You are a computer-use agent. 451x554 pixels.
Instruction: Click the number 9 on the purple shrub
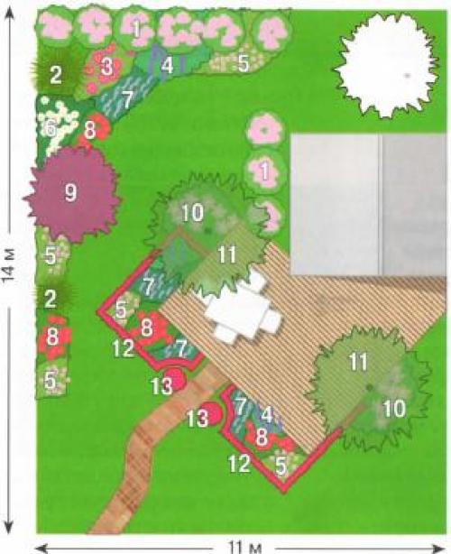pos(70,193)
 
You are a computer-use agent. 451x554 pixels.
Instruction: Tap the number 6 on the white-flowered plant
pos(50,129)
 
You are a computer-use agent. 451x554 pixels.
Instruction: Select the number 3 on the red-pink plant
pos(106,67)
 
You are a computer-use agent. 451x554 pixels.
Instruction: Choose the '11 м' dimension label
pos(244,548)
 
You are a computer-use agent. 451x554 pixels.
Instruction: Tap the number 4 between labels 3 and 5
pos(168,65)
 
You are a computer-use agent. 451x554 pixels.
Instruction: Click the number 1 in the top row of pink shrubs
pos(136,30)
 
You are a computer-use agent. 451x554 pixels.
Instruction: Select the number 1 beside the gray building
pos(264,171)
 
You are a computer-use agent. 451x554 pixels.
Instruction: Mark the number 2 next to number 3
pos(55,75)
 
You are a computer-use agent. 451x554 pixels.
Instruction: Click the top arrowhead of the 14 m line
pos(10,14)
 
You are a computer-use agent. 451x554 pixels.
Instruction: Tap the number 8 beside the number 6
pos(89,130)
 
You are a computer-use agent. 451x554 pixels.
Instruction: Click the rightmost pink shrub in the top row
pos(272,30)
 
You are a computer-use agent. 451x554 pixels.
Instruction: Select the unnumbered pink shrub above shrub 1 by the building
pos(264,130)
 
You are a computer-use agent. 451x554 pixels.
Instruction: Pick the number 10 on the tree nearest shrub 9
pos(192,213)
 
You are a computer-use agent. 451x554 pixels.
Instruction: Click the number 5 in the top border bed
pos(244,63)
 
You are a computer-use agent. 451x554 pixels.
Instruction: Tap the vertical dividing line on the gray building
pos(380,204)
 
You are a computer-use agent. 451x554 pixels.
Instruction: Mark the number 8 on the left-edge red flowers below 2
pos(52,337)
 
